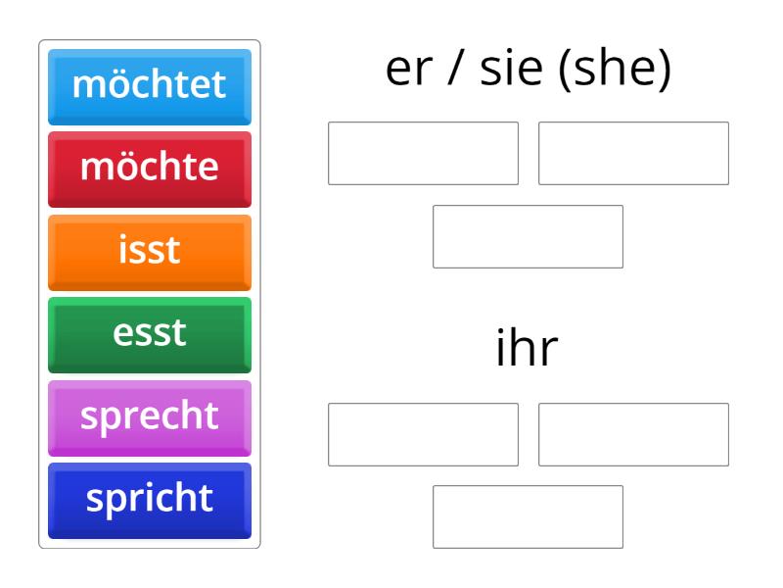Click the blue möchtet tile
click(149, 85)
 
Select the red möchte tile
click(149, 168)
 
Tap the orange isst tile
click(149, 251)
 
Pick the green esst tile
click(149, 333)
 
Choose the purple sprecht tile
click(149, 416)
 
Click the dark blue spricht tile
click(149, 499)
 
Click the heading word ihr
click(527, 350)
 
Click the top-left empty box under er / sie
click(423, 153)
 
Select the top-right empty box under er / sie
click(633, 153)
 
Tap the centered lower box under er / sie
click(528, 236)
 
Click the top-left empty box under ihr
click(423, 434)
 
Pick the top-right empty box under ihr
click(633, 434)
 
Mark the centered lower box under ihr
click(528, 516)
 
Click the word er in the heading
click(408, 73)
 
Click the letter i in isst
click(123, 250)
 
